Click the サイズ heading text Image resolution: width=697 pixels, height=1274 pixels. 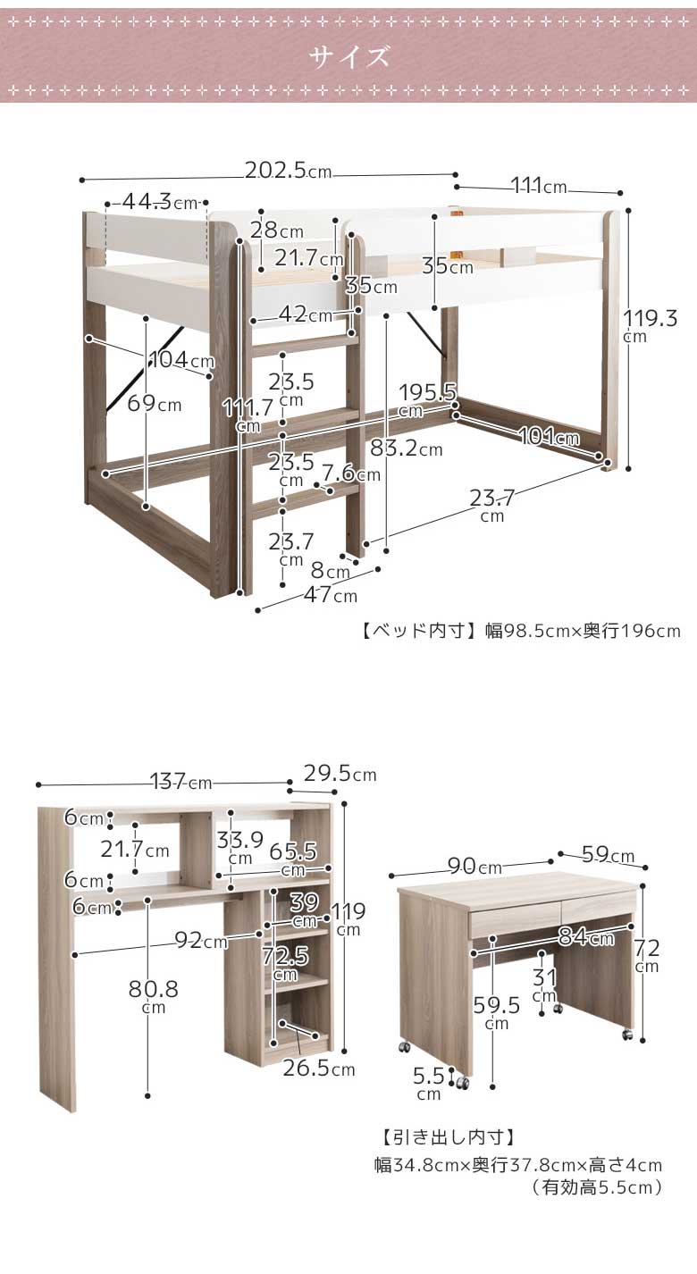pos(349,56)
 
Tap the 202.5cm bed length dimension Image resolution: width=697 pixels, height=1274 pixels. pos(288,170)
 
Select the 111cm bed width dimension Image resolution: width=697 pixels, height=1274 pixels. pos(538,186)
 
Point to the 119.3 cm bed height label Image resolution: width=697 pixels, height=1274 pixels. pos(651,326)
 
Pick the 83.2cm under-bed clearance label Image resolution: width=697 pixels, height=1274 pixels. pos(407,448)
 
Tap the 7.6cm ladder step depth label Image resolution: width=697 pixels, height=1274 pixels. pos(351,474)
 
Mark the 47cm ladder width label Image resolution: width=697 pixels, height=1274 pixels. pos(330,595)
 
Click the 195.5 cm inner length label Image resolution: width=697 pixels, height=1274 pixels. pos(427,400)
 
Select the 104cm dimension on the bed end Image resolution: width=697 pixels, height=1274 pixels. pos(181,359)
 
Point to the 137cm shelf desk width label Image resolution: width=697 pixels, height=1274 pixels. pos(181,782)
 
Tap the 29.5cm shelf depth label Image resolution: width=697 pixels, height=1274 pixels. pos(340,774)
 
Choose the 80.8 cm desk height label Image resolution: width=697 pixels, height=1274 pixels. pos(153,997)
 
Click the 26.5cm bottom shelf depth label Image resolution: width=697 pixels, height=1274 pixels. pos(319,1069)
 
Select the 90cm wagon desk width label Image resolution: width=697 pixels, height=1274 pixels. pos(474,866)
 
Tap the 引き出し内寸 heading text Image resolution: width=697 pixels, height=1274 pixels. pos(449,1137)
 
